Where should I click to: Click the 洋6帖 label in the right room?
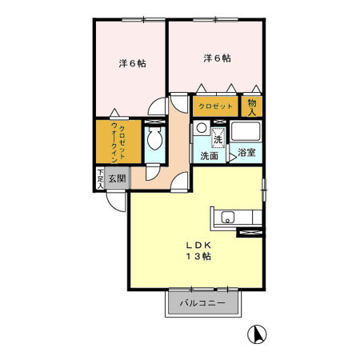pyautogui.click(x=217, y=58)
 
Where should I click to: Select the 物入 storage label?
pyautogui.click(x=252, y=106)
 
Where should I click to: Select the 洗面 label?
pyautogui.click(x=210, y=155)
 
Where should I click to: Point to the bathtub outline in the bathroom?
pyautogui.click(x=247, y=134)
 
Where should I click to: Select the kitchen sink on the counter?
pyautogui.click(x=226, y=215)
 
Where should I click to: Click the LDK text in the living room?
pyautogui.click(x=199, y=244)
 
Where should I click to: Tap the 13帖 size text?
pyautogui.click(x=200, y=256)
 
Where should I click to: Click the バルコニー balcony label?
pyautogui.click(x=203, y=302)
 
